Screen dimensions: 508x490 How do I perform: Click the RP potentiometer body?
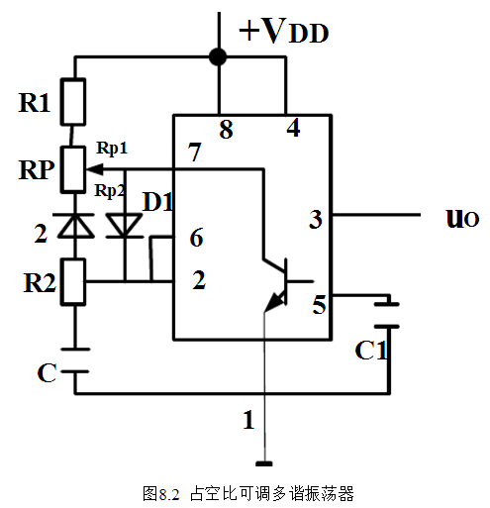pyautogui.click(x=72, y=168)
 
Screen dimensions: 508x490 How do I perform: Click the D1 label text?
pyautogui.click(x=159, y=202)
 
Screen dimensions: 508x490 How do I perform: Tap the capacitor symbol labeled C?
pyautogui.click(x=72, y=358)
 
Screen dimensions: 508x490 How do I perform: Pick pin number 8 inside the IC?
pyautogui.click(x=226, y=130)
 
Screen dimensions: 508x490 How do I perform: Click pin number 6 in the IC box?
pyautogui.click(x=196, y=238)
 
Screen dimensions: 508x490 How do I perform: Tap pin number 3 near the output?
pyautogui.click(x=315, y=219)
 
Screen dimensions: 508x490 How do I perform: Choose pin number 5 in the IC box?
pyautogui.click(x=318, y=306)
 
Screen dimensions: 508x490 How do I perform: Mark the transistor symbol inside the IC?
pyautogui.click(x=277, y=282)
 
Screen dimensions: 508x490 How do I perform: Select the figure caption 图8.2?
pyautogui.click(x=159, y=492)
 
